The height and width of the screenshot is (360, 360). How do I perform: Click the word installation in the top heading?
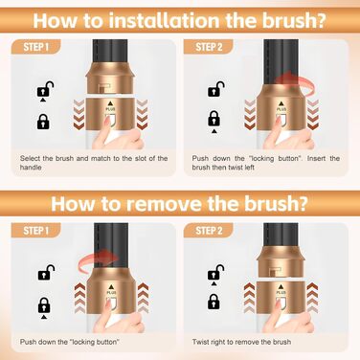coord(166,20)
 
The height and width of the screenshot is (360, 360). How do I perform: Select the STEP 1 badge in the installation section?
coord(35,47)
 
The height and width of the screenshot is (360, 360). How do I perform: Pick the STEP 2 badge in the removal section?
coord(209,231)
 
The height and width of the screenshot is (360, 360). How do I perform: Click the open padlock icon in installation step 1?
coord(45,90)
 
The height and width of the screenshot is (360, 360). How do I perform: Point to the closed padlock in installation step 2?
coord(214,119)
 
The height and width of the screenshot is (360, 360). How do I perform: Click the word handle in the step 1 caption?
coord(31,168)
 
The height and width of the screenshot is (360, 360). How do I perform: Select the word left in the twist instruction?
coord(250,168)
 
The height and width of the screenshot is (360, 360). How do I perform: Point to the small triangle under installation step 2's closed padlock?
coord(214,131)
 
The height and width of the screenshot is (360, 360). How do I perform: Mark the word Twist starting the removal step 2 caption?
coord(200,342)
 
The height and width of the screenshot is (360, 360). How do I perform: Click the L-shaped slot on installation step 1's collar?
coord(104,87)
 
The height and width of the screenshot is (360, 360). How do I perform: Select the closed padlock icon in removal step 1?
coord(44,305)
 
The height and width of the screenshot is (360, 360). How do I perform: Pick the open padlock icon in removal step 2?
coord(215,272)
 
